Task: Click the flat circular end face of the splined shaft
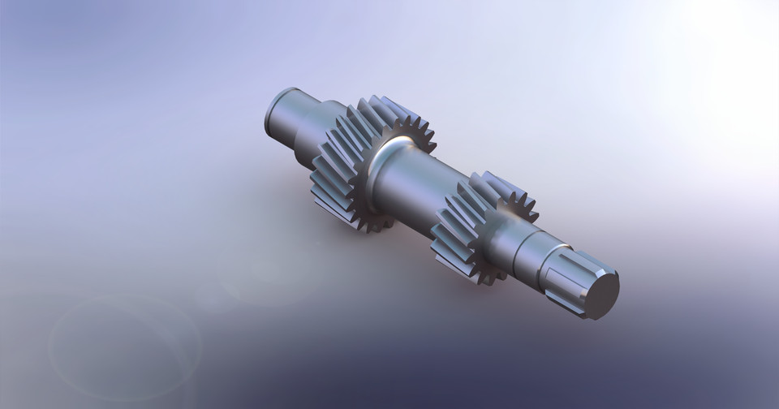point(601,293)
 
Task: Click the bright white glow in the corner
point(730,49)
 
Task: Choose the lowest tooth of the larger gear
point(369,227)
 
